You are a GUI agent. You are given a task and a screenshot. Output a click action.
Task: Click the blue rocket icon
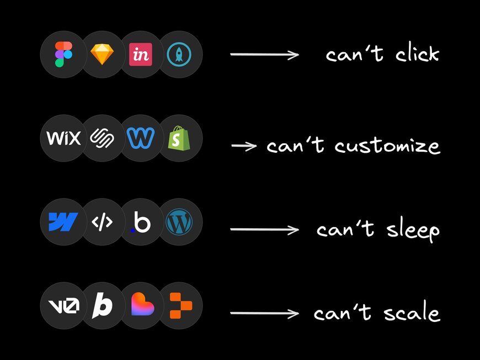tap(179, 54)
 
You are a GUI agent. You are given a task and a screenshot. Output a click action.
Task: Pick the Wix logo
tap(63, 138)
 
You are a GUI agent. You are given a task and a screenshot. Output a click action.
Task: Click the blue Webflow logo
tap(63, 222)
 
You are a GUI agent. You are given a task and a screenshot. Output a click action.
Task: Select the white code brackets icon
tap(103, 222)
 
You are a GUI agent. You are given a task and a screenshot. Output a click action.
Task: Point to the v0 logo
tap(63, 304)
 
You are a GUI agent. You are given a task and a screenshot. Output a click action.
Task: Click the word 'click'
tap(417, 54)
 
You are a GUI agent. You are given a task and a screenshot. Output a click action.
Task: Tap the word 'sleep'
tap(409, 230)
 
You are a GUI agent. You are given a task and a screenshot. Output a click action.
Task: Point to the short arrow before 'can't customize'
tap(244, 146)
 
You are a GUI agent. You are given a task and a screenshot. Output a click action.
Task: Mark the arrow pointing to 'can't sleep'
tap(264, 229)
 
